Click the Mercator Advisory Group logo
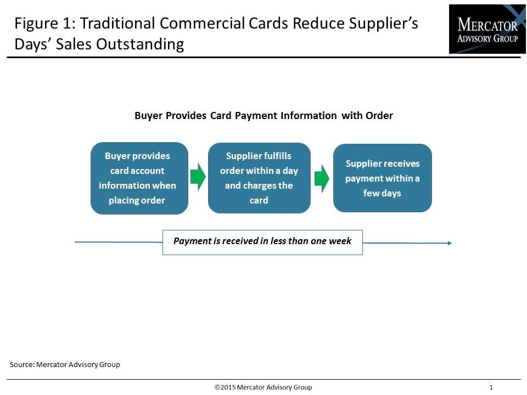tap(487, 29)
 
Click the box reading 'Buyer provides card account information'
tap(139, 178)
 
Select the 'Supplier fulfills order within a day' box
tap(259, 178)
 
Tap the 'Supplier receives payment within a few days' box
tap(383, 178)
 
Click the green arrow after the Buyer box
tap(198, 177)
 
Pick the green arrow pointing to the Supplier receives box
tap(322, 178)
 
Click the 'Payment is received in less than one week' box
tap(262, 242)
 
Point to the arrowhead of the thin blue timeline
tap(450, 243)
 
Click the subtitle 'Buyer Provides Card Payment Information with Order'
tap(263, 116)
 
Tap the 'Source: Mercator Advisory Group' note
tap(65, 364)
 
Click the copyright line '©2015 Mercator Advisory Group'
tap(263, 387)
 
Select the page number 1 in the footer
tap(491, 387)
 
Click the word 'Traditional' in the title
tap(117, 23)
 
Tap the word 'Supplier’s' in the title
tap(384, 24)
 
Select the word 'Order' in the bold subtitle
tap(379, 116)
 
